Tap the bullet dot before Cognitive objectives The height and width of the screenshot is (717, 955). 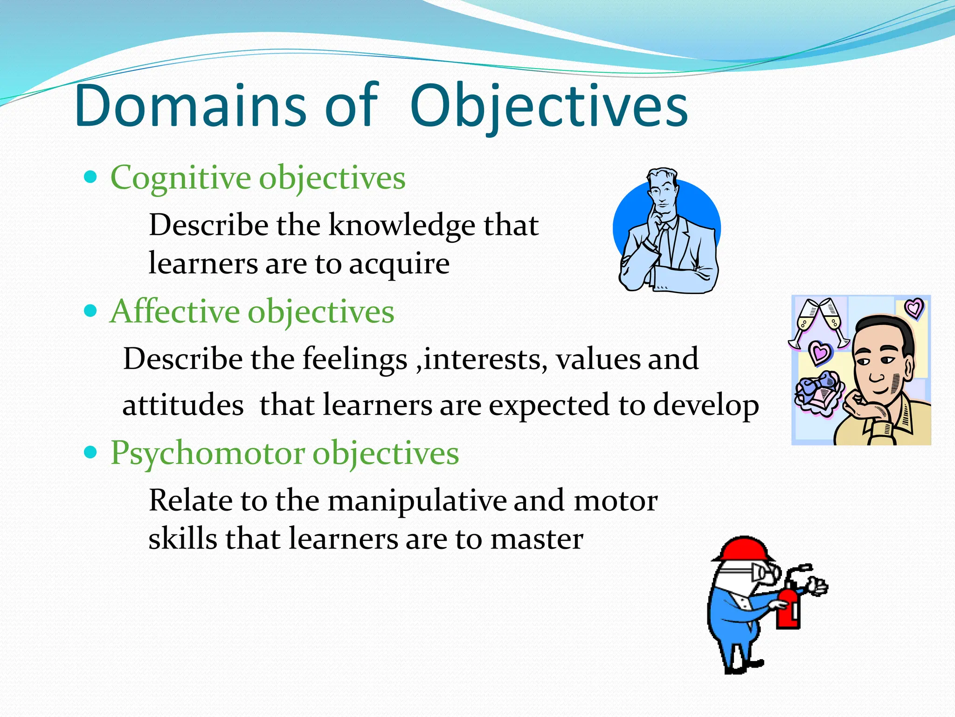[91, 177]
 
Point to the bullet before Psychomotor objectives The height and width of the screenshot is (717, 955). [91, 452]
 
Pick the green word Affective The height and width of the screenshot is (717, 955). [174, 311]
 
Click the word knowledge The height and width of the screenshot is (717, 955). [401, 226]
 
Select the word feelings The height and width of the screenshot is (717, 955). [354, 359]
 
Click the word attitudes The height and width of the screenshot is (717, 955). [183, 405]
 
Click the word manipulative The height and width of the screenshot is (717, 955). [416, 501]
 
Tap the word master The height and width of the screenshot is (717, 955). [536, 539]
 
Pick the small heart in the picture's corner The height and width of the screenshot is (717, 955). [914, 308]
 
